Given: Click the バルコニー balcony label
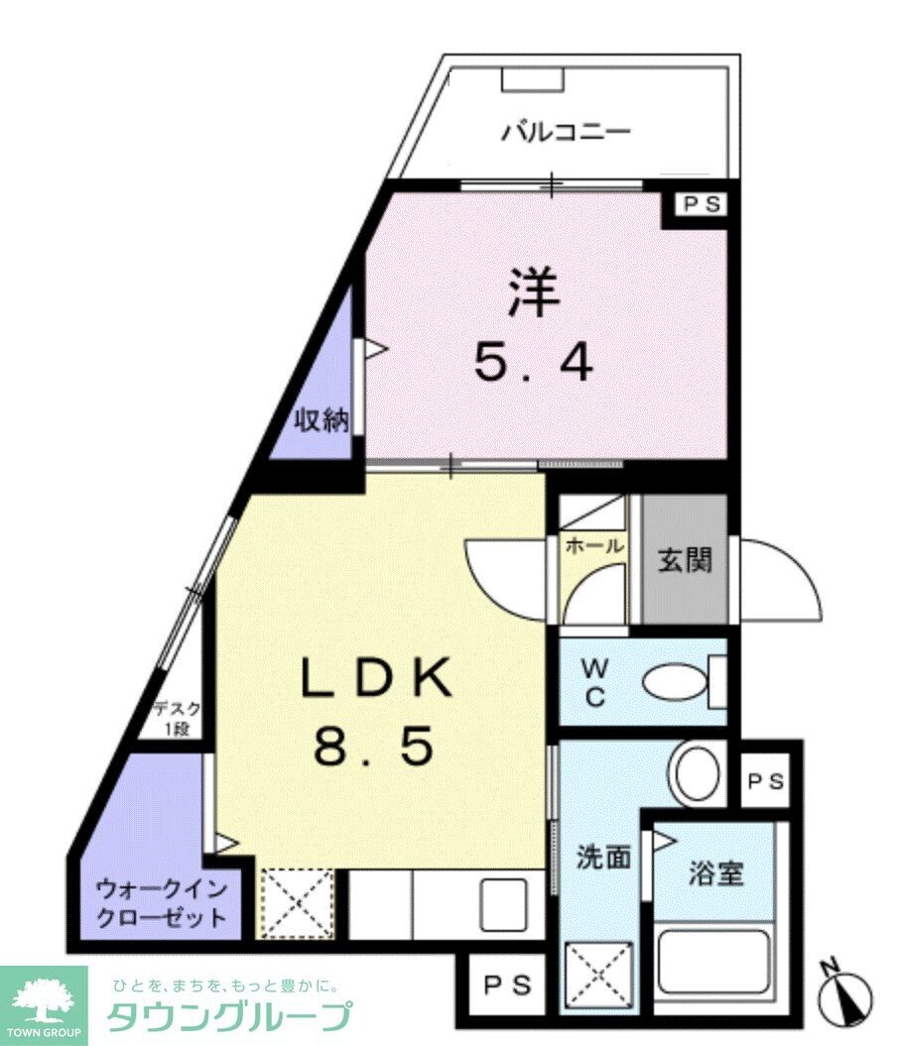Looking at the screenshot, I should pos(565,133).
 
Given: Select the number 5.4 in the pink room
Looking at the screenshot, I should pos(534,364).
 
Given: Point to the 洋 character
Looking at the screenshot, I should pos(535,293).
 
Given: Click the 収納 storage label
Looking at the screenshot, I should pos(321,420).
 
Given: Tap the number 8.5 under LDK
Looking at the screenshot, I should pos(374,746).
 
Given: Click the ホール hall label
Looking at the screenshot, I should pos(593,545).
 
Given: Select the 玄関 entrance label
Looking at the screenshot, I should pos(685,561).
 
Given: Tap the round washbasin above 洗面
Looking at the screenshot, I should pos(700,772).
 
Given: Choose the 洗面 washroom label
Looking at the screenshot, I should pos(603,857).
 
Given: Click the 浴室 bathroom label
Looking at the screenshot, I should pos(716,874).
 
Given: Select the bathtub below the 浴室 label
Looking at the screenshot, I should pos(715,959).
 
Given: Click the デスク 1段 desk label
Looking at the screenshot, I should pos(177,719).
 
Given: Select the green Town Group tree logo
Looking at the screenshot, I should pos(45,999).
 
